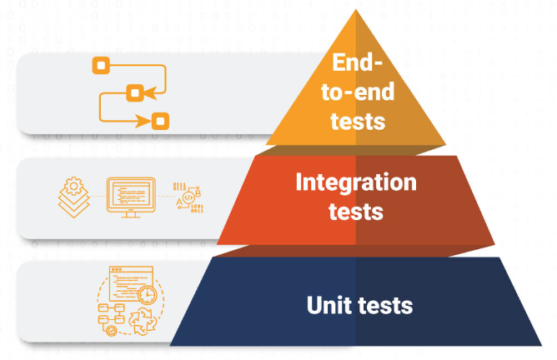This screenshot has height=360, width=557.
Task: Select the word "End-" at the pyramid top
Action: point(357,62)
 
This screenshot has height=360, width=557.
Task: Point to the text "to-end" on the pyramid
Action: point(357,92)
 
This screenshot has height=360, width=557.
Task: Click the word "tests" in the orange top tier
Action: point(357,121)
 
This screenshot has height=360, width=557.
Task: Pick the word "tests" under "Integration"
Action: point(355,211)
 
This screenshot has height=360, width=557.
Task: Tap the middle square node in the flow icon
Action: point(132,92)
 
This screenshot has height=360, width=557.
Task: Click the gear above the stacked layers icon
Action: point(73,183)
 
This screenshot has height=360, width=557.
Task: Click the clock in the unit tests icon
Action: point(148,294)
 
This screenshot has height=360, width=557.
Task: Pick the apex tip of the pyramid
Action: point(356,10)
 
